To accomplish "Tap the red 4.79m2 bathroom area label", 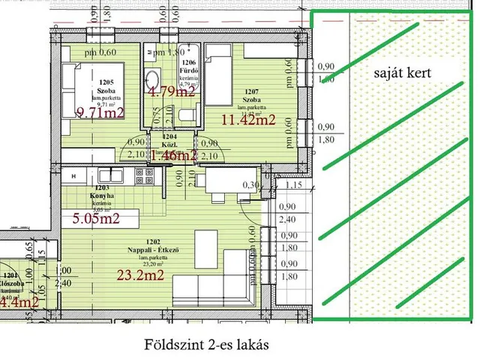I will click(171, 93).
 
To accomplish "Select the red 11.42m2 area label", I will click(248, 118).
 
